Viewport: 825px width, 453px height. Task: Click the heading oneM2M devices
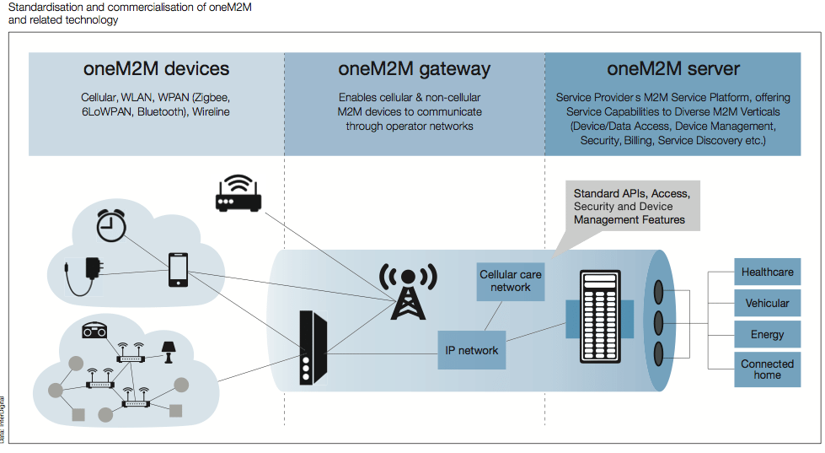click(156, 69)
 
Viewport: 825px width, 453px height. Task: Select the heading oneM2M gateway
click(414, 69)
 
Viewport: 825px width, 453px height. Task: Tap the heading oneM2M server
click(673, 69)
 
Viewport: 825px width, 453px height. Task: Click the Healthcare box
click(767, 272)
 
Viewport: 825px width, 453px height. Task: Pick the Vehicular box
click(767, 304)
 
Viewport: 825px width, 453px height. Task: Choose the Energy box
click(767, 335)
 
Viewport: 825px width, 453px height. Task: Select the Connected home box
click(767, 369)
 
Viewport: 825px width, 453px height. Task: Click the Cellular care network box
click(511, 281)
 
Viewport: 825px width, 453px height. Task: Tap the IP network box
click(471, 350)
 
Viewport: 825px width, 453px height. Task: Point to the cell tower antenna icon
click(408, 291)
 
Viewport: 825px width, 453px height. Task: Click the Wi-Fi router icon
click(238, 194)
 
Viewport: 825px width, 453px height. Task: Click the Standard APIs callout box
click(631, 207)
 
